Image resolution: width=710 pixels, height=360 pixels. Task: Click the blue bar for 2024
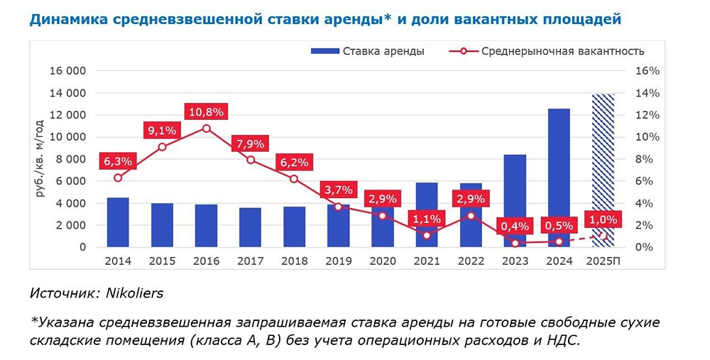pyautogui.click(x=559, y=178)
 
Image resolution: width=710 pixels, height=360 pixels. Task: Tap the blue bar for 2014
pyautogui.click(x=118, y=222)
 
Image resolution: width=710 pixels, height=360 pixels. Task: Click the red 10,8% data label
pyautogui.click(x=206, y=111)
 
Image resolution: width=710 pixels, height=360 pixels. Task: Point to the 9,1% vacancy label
pyautogui.click(x=162, y=130)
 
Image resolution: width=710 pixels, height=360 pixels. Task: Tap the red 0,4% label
pyautogui.click(x=515, y=226)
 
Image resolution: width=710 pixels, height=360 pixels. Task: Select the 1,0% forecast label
pyautogui.click(x=603, y=219)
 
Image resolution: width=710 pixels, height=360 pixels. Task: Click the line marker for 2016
pyautogui.click(x=206, y=129)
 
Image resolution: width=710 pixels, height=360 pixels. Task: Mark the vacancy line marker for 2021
pyautogui.click(x=427, y=235)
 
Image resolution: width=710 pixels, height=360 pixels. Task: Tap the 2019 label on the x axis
pyautogui.click(x=339, y=261)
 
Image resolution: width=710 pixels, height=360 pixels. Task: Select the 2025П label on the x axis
pyautogui.click(x=603, y=261)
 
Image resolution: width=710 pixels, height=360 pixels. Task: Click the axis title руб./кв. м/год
pyautogui.click(x=40, y=158)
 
